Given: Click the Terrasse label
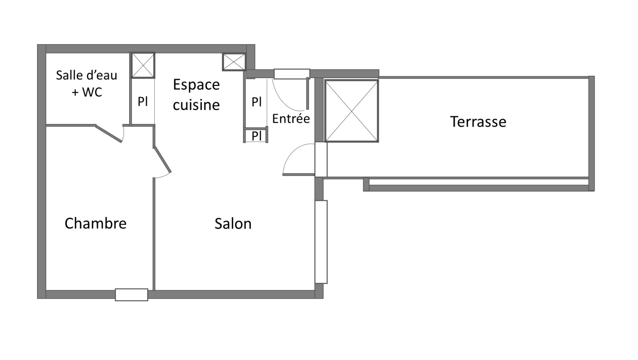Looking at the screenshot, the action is (478, 122).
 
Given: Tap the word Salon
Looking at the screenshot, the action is (233, 224).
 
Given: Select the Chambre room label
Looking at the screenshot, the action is (95, 223).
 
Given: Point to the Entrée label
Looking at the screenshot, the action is (291, 118).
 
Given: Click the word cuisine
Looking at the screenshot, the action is (196, 105).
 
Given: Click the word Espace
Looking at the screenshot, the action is (196, 85).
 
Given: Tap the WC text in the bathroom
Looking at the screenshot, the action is (92, 92).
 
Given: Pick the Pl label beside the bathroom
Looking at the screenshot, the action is (143, 101).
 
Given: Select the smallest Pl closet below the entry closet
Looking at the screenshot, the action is (256, 136).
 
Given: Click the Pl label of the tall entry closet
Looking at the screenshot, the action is (256, 102).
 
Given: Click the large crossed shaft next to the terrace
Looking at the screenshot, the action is (352, 111).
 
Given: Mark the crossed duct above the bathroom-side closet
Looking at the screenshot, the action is (143, 65).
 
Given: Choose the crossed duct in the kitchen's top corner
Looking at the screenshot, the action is (234, 62).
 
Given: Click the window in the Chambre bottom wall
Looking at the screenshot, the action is (131, 295).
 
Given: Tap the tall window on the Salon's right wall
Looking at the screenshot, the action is (321, 242).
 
